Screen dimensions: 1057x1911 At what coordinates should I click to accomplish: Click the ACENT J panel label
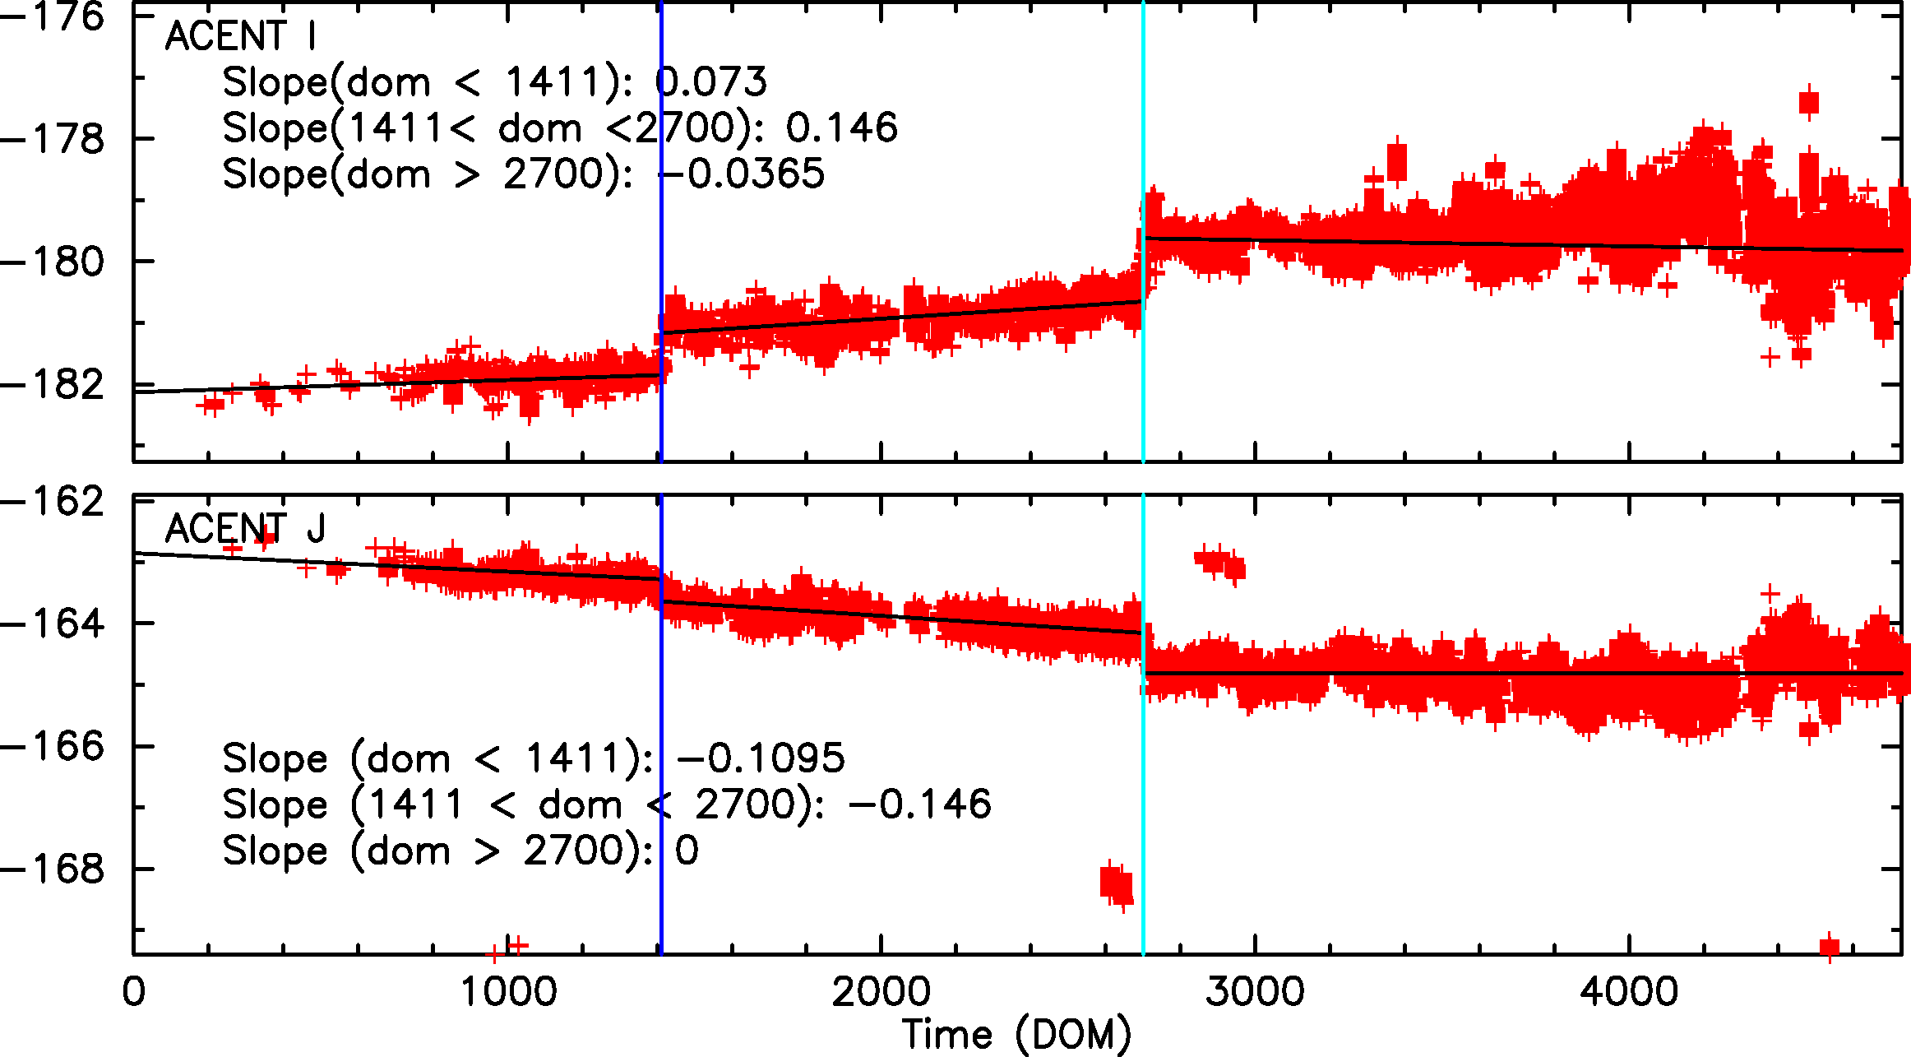pyautogui.click(x=245, y=528)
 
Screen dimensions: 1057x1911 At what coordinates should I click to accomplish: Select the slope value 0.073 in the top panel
pyautogui.click(x=712, y=82)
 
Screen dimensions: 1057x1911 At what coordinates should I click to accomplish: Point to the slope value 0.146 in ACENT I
pyautogui.click(x=841, y=128)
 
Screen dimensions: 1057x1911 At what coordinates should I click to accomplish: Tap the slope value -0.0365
pyautogui.click(x=742, y=174)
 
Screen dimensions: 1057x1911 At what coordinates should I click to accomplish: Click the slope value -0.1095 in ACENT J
pyautogui.click(x=760, y=758)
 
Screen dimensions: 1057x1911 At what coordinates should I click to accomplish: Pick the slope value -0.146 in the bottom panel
pyautogui.click(x=919, y=804)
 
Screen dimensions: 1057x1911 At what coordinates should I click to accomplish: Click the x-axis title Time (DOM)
pyautogui.click(x=1016, y=1035)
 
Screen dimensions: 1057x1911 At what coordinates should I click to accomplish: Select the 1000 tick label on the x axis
pyautogui.click(x=508, y=992)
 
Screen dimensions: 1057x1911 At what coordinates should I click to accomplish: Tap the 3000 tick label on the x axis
pyautogui.click(x=1255, y=992)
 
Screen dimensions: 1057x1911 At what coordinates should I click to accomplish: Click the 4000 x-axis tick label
pyautogui.click(x=1629, y=992)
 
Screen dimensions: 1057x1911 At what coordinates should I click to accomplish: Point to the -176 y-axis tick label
pyautogui.click(x=53, y=16)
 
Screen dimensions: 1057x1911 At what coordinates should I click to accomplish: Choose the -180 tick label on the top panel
pyautogui.click(x=53, y=262)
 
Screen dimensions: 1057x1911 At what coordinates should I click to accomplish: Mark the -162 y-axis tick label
pyautogui.click(x=53, y=500)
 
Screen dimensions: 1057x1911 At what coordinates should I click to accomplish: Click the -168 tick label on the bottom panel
pyautogui.click(x=53, y=869)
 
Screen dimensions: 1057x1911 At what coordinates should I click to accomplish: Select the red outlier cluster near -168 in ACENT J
pyautogui.click(x=1117, y=885)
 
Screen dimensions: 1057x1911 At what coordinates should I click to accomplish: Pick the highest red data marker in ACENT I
pyautogui.click(x=1809, y=102)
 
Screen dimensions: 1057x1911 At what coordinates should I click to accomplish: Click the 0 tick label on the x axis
pyautogui.click(x=134, y=992)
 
